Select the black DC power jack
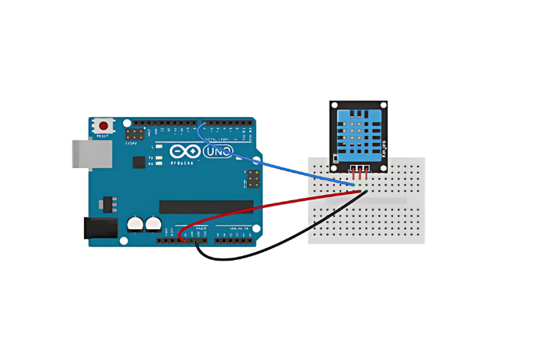tap(99, 227)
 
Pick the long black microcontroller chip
tap(206, 206)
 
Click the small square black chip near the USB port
tap(138, 162)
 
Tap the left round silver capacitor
tap(135, 224)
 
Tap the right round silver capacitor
tap(154, 224)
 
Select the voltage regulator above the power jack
tap(106, 204)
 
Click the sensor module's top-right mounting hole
tap(382, 106)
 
